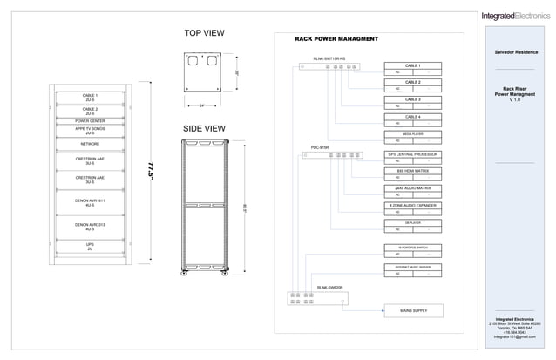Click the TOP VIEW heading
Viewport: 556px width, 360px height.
click(204, 33)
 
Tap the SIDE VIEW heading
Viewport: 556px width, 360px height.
click(204, 128)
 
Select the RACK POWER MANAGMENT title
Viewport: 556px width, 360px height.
click(336, 39)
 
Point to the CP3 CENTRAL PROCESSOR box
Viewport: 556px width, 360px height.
click(413, 154)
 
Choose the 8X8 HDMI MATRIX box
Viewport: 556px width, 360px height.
click(413, 171)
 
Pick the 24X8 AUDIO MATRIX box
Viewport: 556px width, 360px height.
click(413, 187)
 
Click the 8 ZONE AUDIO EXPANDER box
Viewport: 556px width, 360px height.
click(413, 205)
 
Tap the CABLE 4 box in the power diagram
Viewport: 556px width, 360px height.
click(413, 116)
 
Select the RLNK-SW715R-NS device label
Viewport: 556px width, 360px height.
click(329, 58)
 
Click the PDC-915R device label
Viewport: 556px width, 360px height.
click(320, 147)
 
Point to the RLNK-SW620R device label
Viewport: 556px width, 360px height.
click(329, 287)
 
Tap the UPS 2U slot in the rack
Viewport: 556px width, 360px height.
click(90, 247)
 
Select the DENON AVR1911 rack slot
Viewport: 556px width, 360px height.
click(90, 202)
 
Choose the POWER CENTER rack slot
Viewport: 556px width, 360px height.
click(90, 121)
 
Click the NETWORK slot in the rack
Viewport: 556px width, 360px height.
click(90, 143)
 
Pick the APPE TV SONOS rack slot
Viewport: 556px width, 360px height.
click(90, 130)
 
